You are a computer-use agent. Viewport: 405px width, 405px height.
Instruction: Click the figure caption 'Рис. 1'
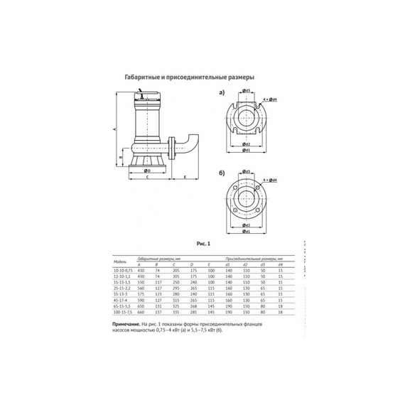click(202, 243)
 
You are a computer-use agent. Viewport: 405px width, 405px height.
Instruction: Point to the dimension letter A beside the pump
click(115, 129)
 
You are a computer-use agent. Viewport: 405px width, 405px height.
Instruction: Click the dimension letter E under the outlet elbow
click(185, 175)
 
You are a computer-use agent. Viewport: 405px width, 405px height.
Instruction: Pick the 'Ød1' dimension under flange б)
click(247, 230)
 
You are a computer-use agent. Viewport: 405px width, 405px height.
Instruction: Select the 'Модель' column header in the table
click(121, 261)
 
